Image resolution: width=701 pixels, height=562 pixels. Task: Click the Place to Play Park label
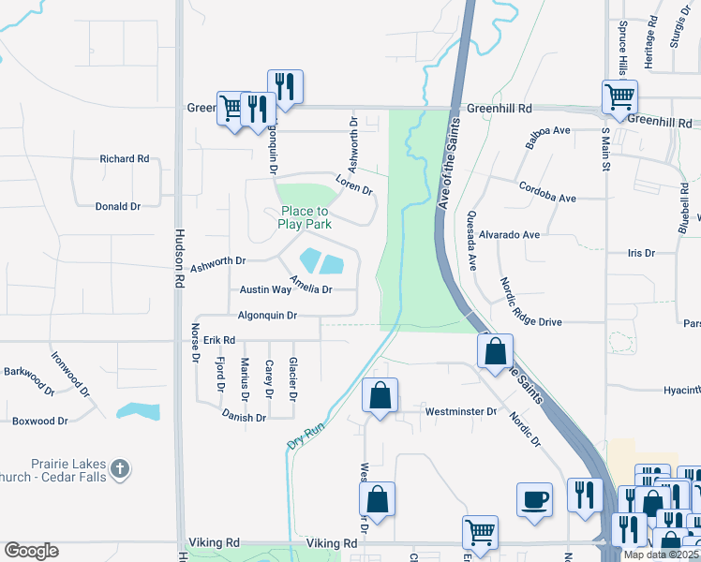305,218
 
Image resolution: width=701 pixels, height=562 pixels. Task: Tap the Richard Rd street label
125,159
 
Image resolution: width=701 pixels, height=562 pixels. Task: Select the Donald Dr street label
117,206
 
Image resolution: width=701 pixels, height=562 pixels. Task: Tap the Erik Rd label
217,341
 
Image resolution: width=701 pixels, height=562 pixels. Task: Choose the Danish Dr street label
245,417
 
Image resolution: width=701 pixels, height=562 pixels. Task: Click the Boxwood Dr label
40,421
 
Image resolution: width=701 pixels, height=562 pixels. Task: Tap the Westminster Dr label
460,412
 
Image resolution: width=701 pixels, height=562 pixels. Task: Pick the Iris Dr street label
641,253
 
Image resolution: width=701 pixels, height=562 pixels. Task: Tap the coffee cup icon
534,497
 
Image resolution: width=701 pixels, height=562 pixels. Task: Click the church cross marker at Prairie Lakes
119,467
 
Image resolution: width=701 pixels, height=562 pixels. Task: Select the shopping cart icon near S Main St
619,96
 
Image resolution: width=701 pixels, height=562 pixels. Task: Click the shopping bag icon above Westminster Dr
380,394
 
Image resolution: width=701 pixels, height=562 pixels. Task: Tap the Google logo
31,551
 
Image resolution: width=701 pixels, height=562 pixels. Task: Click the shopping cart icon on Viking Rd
480,532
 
